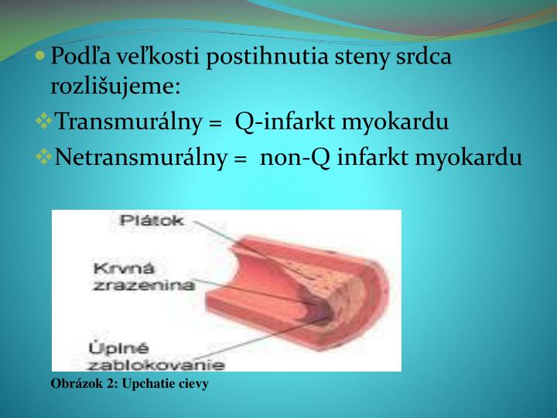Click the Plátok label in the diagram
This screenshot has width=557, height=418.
click(152, 221)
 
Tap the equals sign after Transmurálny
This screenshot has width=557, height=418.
click(216, 123)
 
